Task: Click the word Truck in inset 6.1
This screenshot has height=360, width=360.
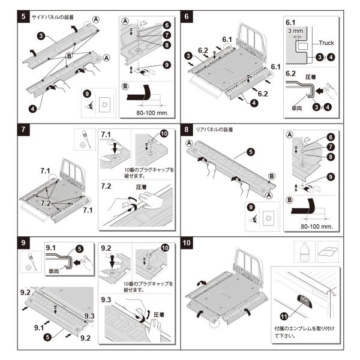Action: pos(327,43)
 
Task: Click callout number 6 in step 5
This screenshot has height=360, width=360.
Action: pos(166,26)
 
